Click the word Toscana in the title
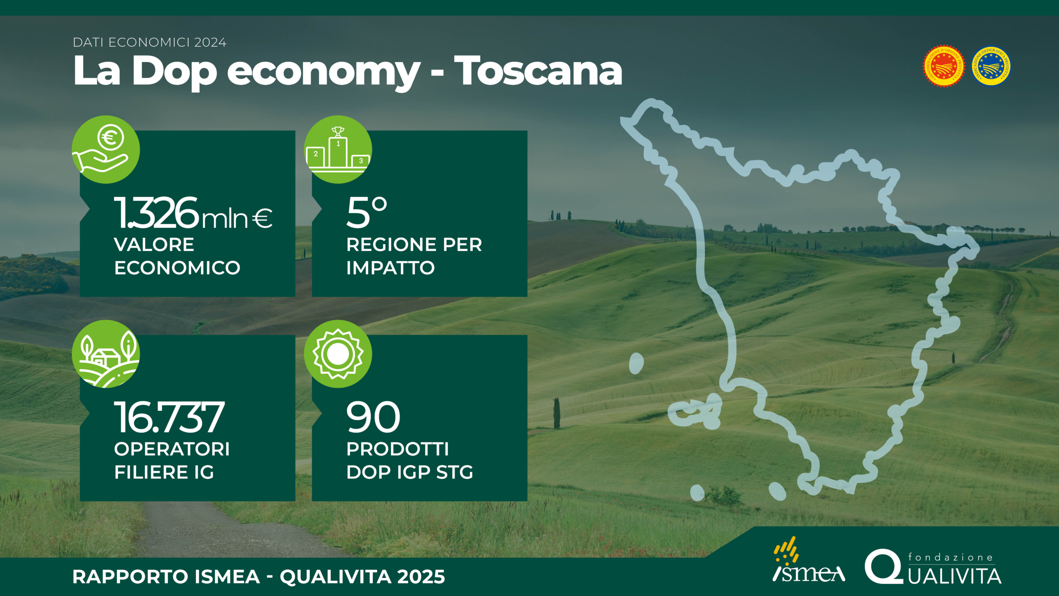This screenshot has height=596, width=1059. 538,71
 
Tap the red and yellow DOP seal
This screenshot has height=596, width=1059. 944,67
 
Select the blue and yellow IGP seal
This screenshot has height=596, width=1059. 991,66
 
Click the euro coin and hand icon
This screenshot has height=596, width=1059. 106,149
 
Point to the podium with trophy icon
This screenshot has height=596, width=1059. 338,149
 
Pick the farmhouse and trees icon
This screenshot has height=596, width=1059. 106,354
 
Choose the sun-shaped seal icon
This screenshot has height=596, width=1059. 338,354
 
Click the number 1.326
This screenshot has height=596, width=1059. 157,213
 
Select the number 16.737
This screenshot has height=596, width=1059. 169,417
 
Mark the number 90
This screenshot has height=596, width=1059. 373,417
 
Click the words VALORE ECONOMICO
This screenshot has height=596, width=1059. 177,256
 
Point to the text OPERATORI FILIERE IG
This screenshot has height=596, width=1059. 172,460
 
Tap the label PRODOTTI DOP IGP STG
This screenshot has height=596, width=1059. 410,460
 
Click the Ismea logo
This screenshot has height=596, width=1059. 808,560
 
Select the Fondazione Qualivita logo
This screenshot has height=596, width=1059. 933,567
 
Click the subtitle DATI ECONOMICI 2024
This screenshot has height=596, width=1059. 150,42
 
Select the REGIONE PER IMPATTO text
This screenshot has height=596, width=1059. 414,256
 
